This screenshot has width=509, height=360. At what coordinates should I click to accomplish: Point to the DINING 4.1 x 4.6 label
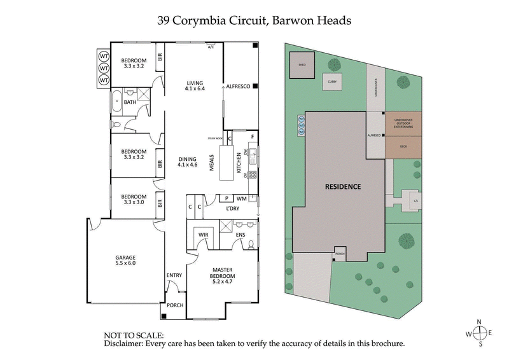(x=188, y=161)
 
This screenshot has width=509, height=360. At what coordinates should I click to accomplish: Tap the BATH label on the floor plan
(x=130, y=102)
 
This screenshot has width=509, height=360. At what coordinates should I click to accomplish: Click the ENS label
(x=241, y=235)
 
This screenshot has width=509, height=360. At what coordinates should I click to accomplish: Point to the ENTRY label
(x=174, y=275)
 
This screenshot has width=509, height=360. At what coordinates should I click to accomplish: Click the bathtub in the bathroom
(x=116, y=102)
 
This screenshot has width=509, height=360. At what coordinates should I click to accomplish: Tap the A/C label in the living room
(x=211, y=47)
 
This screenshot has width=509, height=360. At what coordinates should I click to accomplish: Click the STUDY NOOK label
(x=214, y=138)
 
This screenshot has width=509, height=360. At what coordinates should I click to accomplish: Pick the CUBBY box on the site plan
(x=331, y=82)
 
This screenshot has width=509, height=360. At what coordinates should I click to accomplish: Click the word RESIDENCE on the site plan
(x=343, y=187)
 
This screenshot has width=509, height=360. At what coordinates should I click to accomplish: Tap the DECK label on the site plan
(x=403, y=146)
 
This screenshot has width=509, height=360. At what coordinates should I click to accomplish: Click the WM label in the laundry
(x=242, y=198)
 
